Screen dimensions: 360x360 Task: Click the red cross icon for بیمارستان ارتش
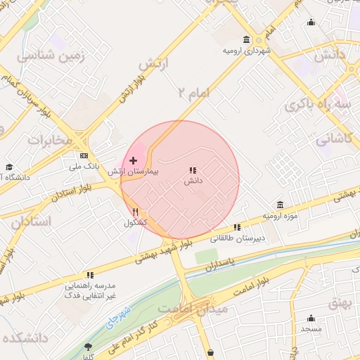tap(134, 161)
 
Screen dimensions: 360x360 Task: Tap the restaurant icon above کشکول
tap(135, 212)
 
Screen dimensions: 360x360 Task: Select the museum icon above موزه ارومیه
tap(281, 205)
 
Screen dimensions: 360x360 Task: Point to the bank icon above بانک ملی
tap(84, 155)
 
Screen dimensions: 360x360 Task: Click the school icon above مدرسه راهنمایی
tap(90, 276)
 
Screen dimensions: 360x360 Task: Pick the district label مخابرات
tap(50, 140)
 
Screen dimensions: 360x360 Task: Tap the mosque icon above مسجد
tap(310, 318)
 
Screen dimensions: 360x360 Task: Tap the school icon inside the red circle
tap(193, 171)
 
